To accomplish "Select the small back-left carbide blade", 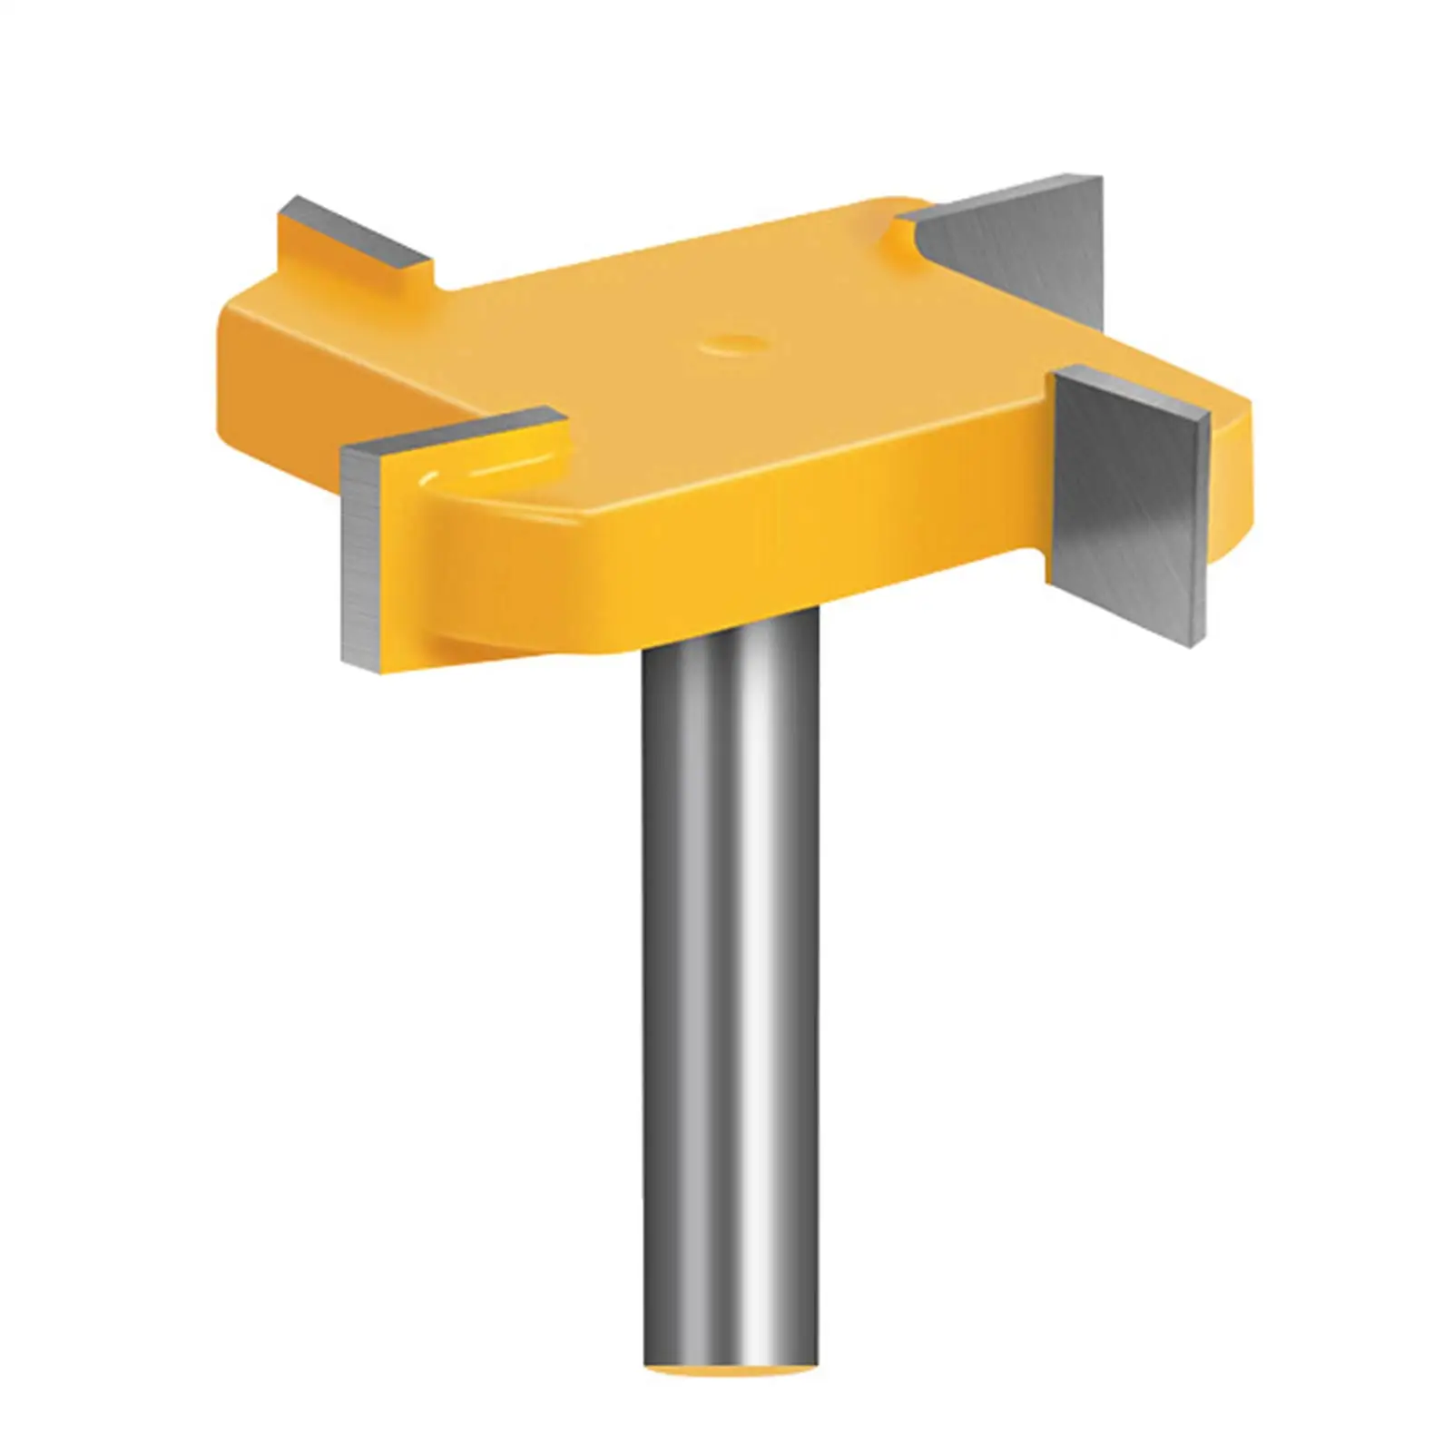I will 354,234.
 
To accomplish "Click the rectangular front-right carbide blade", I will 1130,508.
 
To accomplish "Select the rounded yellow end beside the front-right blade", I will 1234,481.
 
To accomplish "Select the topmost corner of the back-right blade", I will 1100,177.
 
